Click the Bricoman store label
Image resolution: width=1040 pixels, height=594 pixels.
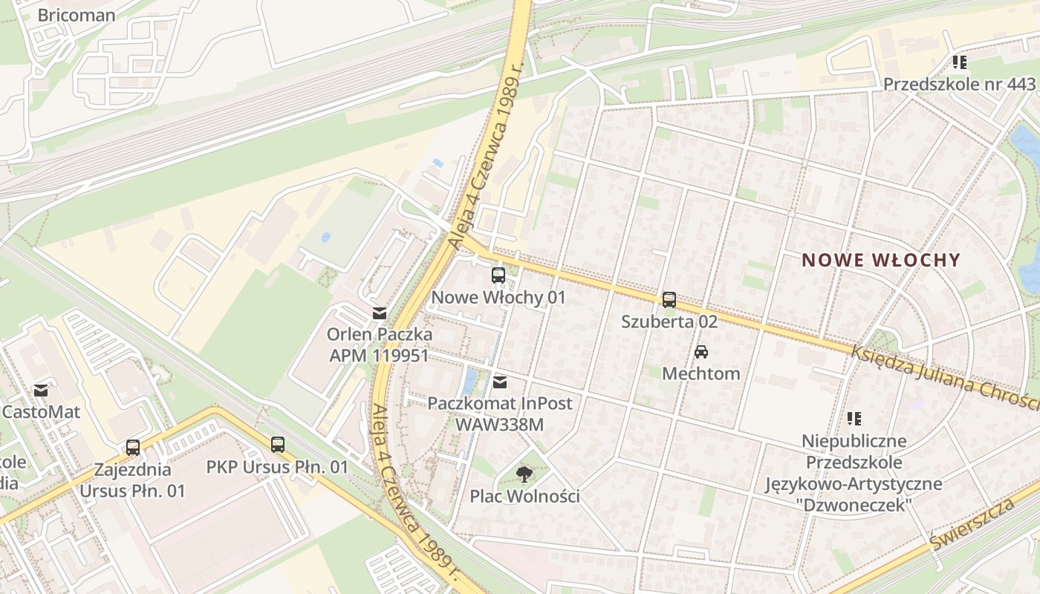click(x=76, y=15)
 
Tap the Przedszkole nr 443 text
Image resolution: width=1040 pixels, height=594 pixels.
click(x=959, y=84)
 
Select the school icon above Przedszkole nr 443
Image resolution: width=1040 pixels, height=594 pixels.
click(x=959, y=62)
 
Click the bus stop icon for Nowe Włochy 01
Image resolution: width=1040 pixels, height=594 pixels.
click(x=498, y=275)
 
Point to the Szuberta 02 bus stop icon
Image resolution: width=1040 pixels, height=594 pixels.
click(x=669, y=300)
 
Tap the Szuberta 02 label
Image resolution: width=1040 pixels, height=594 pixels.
click(x=669, y=322)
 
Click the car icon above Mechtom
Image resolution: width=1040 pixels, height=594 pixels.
click(x=701, y=352)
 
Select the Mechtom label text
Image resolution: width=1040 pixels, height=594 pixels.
click(x=701, y=373)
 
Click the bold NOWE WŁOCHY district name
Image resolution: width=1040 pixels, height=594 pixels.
click(x=881, y=260)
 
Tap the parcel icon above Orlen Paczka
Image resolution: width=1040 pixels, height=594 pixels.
click(x=380, y=313)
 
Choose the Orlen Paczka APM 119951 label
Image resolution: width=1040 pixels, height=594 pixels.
click(x=380, y=345)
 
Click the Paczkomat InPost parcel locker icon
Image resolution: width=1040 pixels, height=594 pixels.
click(x=500, y=382)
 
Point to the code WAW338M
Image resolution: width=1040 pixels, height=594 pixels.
click(x=500, y=425)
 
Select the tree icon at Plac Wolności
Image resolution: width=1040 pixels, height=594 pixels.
click(x=524, y=474)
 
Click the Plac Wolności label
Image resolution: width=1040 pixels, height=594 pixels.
click(x=524, y=496)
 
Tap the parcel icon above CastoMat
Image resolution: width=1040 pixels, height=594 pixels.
click(x=41, y=390)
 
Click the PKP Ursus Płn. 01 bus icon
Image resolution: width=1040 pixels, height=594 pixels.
click(x=277, y=445)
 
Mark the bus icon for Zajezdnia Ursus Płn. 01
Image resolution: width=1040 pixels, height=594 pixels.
click(x=133, y=448)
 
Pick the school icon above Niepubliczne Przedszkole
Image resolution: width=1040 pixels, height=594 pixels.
click(x=854, y=419)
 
